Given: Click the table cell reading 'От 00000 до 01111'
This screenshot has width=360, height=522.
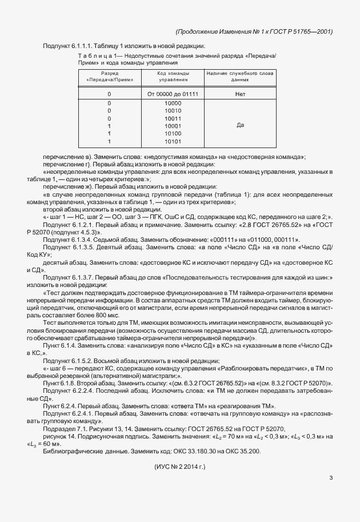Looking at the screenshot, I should click(173, 93).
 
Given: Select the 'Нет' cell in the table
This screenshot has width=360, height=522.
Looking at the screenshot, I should click(239, 93).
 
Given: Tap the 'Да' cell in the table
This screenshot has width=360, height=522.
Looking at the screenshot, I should click(239, 125).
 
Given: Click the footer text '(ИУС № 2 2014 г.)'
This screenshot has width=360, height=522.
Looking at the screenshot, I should click(180, 467).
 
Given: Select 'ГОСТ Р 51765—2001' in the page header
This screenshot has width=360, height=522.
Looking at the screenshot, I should click(303, 31).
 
